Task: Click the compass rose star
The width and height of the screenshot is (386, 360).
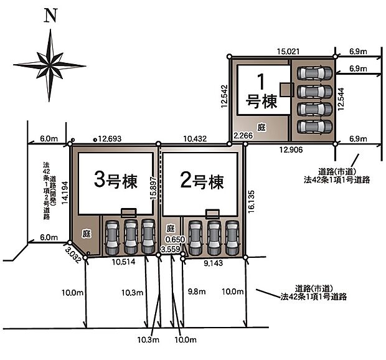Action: (x=49, y=64)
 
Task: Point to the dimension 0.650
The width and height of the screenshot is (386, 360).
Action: (x=175, y=239)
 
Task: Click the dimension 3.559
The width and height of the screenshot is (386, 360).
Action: (x=170, y=249)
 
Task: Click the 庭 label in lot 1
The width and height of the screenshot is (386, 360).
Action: (x=261, y=127)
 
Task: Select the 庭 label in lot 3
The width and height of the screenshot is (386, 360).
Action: (x=87, y=233)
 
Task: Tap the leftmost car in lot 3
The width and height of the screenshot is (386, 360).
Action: (x=112, y=237)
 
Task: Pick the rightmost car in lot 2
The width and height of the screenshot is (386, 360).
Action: (x=232, y=237)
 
